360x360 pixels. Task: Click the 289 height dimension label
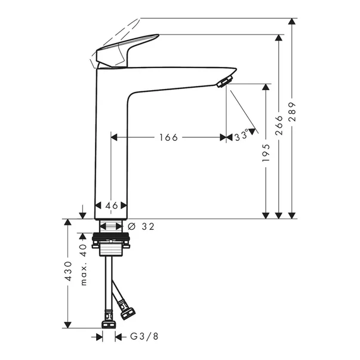click(292, 112)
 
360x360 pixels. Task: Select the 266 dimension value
click(279, 125)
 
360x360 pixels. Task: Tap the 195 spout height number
click(266, 153)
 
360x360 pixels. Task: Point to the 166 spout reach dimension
click(168, 137)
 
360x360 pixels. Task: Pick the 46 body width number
click(112, 205)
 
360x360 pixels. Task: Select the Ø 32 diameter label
click(141, 227)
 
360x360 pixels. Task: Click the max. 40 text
click(84, 264)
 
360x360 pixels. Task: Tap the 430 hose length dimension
click(69, 271)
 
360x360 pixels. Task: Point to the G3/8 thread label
click(144, 337)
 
